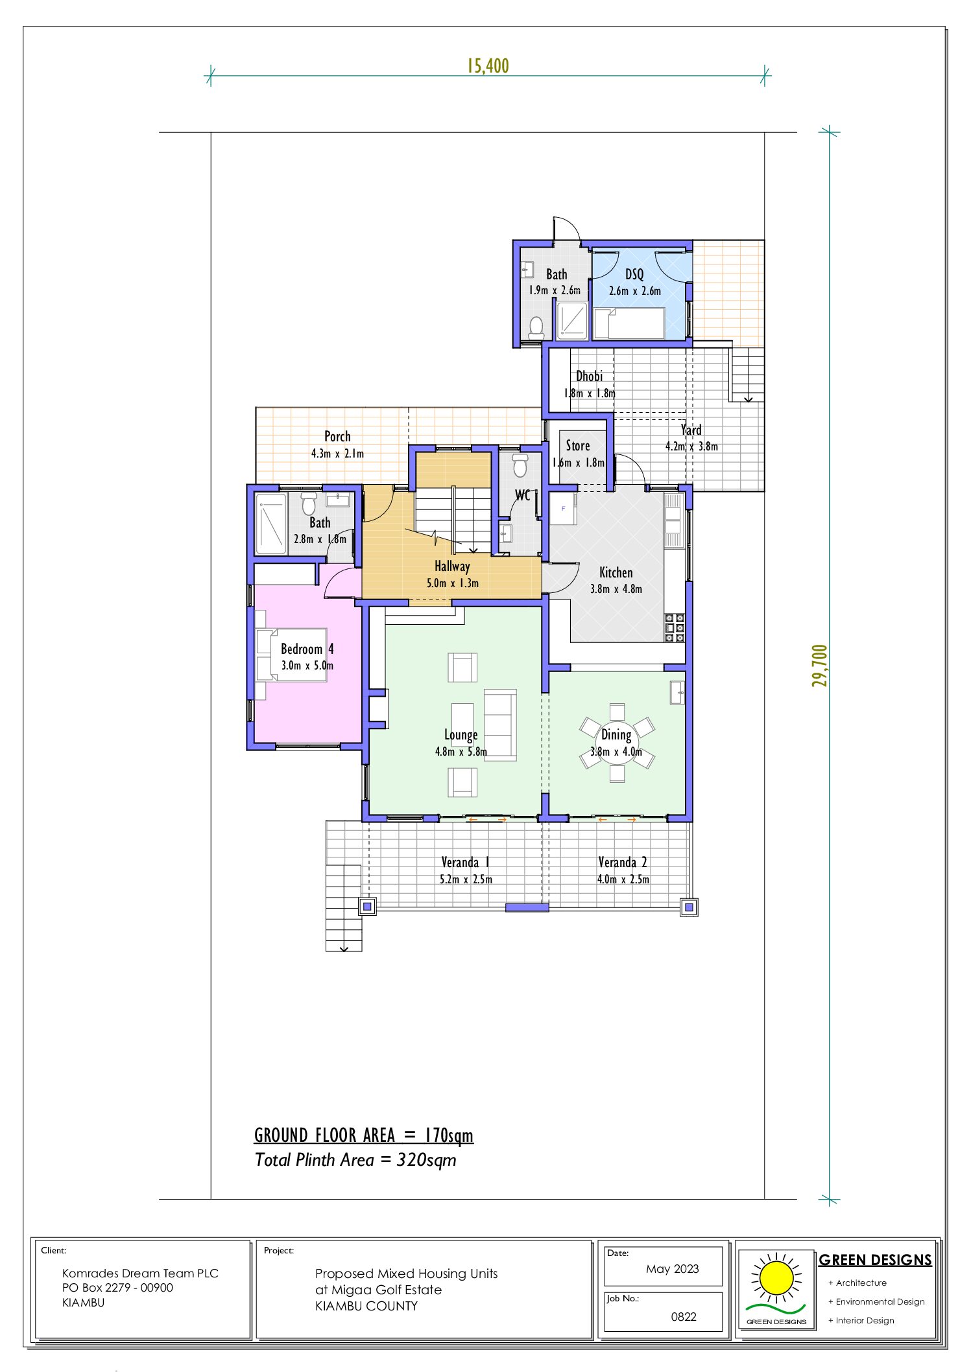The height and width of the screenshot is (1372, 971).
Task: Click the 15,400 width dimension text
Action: pyautogui.click(x=488, y=66)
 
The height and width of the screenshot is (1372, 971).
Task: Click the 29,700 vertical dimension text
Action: pyautogui.click(x=820, y=666)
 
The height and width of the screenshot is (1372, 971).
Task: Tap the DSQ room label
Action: pyautogui.click(x=634, y=274)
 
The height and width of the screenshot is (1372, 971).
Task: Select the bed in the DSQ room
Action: pyautogui.click(x=629, y=323)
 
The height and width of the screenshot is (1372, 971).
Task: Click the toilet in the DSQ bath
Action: pyautogui.click(x=536, y=327)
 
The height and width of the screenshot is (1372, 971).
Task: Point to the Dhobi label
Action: pyautogui.click(x=589, y=376)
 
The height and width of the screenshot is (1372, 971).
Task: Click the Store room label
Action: pyautogui.click(x=577, y=445)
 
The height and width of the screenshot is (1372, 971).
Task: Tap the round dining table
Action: pyautogui.click(x=617, y=743)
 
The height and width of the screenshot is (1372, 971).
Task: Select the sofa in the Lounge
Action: pyautogui.click(x=500, y=725)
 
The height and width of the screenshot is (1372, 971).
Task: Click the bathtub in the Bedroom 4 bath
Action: pyautogui.click(x=271, y=524)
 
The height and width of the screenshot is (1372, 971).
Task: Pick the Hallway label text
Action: pyautogui.click(x=452, y=566)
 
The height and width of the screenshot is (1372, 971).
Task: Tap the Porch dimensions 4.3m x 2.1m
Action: pyautogui.click(x=337, y=454)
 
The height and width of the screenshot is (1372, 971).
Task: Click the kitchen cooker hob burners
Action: pyautogui.click(x=675, y=628)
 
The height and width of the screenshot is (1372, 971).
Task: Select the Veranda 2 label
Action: pyautogui.click(x=622, y=862)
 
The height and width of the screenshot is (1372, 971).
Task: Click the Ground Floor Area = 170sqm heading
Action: pyautogui.click(x=363, y=1135)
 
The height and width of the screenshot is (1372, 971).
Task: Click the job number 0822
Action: pyautogui.click(x=683, y=1316)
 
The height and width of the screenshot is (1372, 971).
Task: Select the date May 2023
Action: pyautogui.click(x=672, y=1268)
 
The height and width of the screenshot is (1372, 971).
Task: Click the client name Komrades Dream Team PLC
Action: pyautogui.click(x=140, y=1273)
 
